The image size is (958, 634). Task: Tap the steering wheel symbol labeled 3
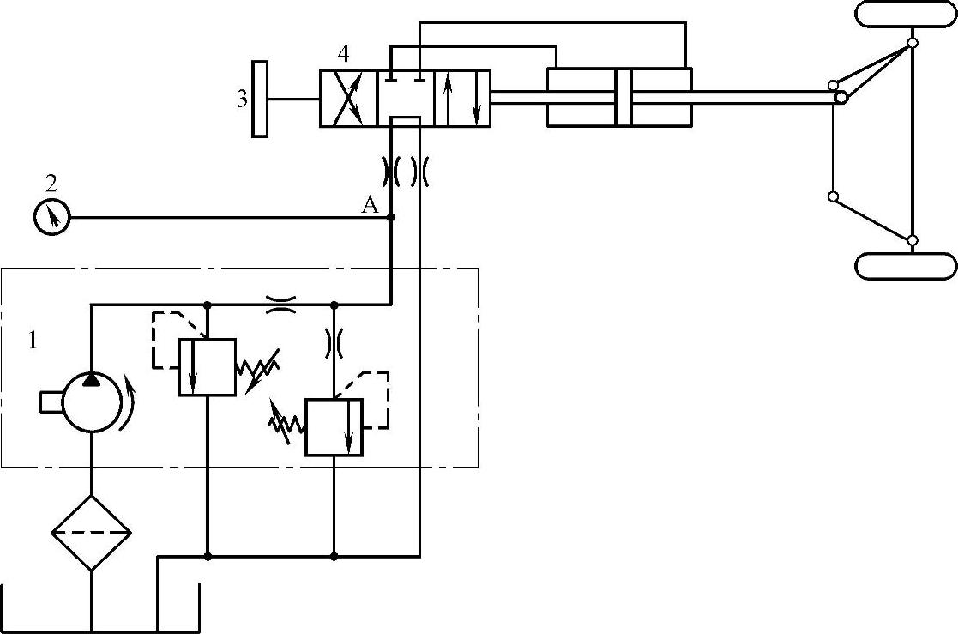[258, 99]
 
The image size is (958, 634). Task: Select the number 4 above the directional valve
[343, 53]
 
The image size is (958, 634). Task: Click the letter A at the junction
[370, 204]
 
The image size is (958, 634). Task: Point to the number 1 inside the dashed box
[33, 341]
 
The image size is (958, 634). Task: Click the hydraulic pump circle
[91, 402]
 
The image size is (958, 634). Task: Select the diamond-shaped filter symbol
[91, 533]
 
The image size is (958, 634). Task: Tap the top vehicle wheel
[906, 15]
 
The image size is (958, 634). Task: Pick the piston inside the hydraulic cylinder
[622, 98]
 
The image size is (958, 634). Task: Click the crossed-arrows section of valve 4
[348, 98]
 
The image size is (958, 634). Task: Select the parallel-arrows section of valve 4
[462, 98]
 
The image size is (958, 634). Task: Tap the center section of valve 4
[405, 98]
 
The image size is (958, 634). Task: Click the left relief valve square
[207, 367]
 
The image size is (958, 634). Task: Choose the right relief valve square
[334, 426]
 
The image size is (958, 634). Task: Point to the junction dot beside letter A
[391, 218]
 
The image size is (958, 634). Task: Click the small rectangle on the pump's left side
[51, 402]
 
